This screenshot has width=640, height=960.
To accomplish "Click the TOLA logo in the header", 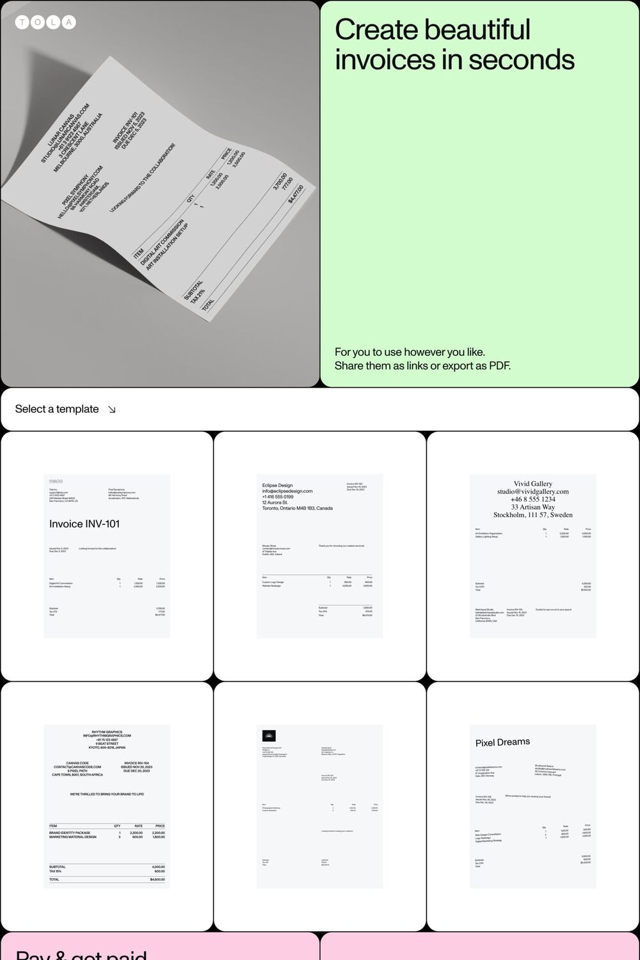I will tap(45, 22).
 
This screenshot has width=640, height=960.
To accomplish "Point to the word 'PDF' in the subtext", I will tap(499, 366).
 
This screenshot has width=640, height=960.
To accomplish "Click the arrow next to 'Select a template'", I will tap(112, 410).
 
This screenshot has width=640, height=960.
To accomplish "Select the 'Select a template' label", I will tap(57, 409).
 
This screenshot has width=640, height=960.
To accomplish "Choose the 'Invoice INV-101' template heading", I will tap(84, 524).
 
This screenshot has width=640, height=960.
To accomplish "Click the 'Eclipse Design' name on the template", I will tap(277, 485).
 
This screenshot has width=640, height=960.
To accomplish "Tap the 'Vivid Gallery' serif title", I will tap(532, 484).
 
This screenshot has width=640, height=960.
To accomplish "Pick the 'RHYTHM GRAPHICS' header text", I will tap(107, 732).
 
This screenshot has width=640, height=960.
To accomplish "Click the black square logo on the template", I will tap(269, 735).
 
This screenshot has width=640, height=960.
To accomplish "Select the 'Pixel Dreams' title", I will tap(502, 742).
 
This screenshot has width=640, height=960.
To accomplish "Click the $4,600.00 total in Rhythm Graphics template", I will tap(157, 879).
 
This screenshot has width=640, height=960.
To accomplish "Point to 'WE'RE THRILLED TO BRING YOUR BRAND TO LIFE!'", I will tap(107, 794).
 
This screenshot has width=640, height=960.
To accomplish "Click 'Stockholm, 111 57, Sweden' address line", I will tap(532, 515).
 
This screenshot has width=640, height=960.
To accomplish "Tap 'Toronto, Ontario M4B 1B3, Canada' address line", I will tap(297, 508).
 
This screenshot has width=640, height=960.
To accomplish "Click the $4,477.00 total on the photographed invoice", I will tap(296, 194).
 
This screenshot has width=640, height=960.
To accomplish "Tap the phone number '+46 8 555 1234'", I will tap(532, 499).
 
